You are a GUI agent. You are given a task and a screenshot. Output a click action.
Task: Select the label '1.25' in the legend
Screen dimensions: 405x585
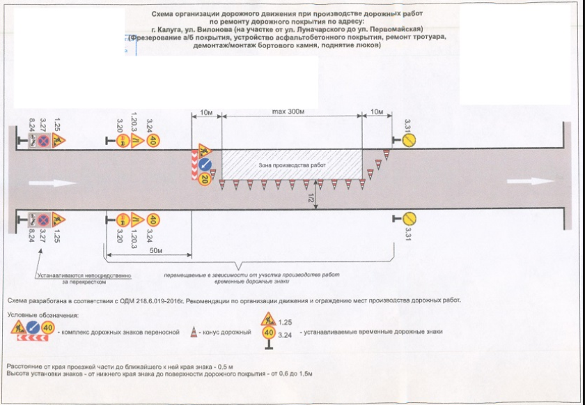(x=284, y=322)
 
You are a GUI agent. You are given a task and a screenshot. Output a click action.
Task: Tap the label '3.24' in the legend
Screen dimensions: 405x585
(x=284, y=335)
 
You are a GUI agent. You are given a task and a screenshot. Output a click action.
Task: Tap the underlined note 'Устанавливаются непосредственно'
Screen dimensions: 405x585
(x=84, y=276)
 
